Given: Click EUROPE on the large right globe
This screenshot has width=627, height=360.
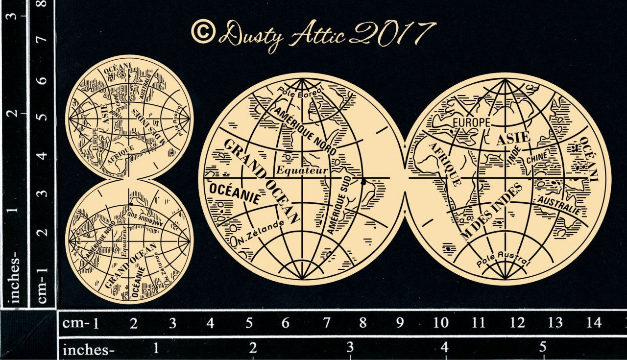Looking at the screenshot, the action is point(471,121).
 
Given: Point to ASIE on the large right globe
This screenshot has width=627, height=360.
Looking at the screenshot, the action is point(513,139).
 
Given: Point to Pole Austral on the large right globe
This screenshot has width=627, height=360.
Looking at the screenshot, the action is point(504,259).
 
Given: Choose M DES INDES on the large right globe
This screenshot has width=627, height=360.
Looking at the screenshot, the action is point(491,211).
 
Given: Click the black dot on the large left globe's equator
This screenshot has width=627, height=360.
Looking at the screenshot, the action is point(363,182).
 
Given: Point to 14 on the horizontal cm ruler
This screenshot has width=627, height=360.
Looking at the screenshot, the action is point(594,322).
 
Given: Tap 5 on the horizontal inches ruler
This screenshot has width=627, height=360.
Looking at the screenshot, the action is point(543,348).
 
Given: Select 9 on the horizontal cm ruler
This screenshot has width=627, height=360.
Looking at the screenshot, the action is point(400,322).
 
